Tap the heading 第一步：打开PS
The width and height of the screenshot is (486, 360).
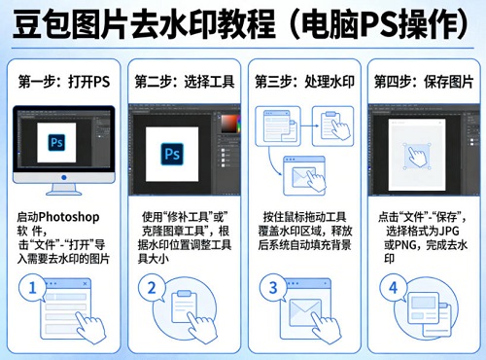tap(61, 82)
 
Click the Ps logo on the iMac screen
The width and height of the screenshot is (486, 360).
tap(60, 147)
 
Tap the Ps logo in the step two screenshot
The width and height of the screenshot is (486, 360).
tap(175, 154)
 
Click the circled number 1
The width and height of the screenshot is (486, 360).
tap(35, 288)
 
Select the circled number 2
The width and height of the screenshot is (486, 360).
tap(152, 288)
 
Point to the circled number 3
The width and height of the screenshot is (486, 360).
tap(274, 288)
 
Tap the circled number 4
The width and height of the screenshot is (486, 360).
tap(393, 288)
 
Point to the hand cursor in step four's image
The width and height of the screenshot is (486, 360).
tap(420, 157)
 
